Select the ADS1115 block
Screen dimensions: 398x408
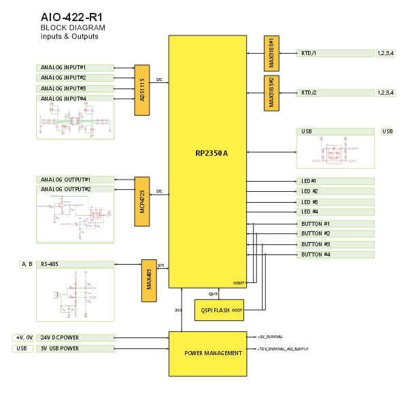[142, 90]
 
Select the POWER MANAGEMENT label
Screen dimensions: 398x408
[213, 353]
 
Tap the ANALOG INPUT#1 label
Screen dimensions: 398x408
[63, 67]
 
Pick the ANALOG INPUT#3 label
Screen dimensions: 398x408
[63, 88]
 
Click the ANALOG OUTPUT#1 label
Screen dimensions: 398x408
[65, 179]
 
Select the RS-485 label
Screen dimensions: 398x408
[49, 264]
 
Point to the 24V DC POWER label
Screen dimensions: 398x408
[60, 337]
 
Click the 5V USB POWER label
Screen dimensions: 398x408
[60, 348]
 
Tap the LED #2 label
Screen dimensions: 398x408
[309, 192]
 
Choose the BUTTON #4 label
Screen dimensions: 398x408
[316, 254]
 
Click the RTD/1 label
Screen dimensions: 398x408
[309, 52]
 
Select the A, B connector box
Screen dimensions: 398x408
[27, 264]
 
